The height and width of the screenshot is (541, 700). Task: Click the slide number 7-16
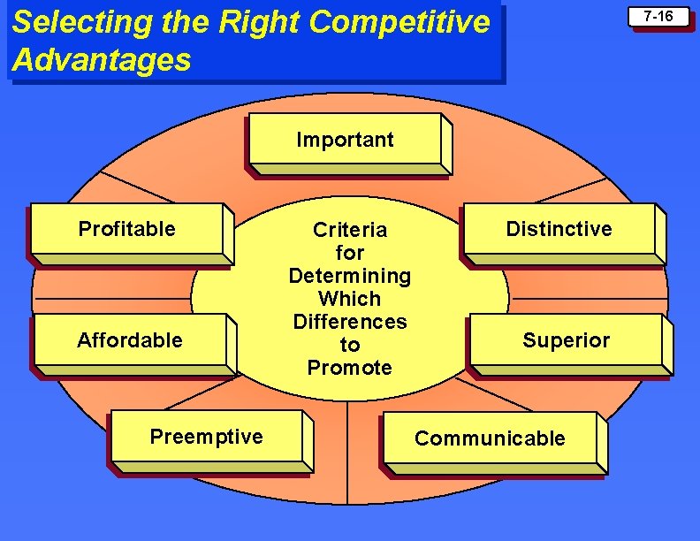tap(658, 17)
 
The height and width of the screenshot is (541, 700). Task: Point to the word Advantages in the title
tap(102, 60)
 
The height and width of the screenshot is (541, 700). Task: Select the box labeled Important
tap(346, 140)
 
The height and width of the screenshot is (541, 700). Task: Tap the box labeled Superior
tap(566, 341)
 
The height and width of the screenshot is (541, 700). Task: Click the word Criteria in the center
tap(350, 231)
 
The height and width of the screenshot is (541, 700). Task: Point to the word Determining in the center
tap(350, 276)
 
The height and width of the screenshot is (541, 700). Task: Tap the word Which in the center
tap(350, 299)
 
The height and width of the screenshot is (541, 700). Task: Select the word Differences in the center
tap(350, 322)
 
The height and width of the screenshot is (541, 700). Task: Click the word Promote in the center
tap(350, 368)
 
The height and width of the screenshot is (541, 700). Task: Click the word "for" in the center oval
tap(350, 253)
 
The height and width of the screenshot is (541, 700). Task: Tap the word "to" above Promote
tap(350, 345)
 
